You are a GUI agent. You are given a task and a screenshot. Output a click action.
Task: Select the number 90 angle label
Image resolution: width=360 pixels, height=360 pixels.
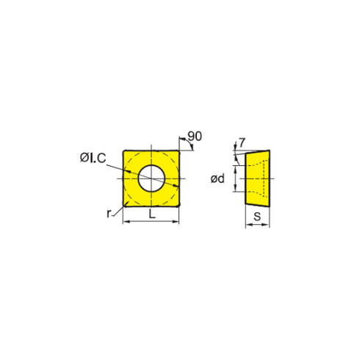(195, 136)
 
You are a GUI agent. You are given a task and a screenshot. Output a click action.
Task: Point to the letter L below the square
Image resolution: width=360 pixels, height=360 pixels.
(151, 215)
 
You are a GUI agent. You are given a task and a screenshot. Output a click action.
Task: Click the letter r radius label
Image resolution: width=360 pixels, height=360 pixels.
(108, 213)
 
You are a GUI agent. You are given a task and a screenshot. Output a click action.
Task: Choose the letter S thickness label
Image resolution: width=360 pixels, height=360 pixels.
(258, 216)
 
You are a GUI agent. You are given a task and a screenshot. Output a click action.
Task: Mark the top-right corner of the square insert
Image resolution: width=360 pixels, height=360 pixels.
(179, 149)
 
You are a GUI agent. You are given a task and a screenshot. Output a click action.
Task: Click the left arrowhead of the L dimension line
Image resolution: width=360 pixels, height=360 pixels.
(126, 221)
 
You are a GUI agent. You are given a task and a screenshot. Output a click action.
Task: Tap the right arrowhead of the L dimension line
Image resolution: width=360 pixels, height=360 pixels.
(176, 221)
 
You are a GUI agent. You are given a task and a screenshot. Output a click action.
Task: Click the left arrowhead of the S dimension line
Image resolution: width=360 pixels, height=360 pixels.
(247, 226)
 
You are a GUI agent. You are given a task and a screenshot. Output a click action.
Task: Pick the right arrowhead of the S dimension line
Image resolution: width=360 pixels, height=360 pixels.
(268, 226)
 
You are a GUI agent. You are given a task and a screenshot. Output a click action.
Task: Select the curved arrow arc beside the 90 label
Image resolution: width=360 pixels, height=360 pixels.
(190, 145)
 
